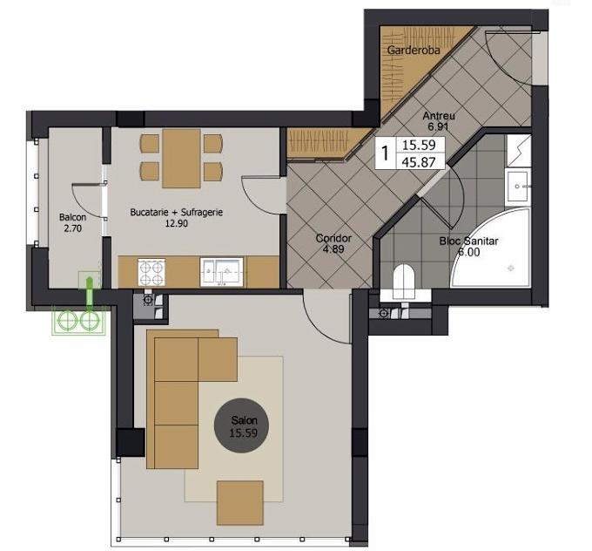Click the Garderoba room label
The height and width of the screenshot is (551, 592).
[x=414, y=50]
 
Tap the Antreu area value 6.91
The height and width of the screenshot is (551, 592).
[x=438, y=126]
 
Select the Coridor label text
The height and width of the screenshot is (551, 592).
[x=333, y=238]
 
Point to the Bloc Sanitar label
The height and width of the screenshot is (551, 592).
[x=468, y=241]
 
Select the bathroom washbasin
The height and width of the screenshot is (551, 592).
[x=518, y=186]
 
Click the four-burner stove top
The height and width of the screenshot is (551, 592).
[x=151, y=272]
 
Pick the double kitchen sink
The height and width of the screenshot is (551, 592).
[x=222, y=272]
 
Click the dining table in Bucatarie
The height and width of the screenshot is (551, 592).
[x=181, y=159]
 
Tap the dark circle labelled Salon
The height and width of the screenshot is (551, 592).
[x=241, y=426]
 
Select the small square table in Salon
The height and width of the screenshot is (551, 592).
[x=239, y=502]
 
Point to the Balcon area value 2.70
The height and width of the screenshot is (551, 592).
[x=72, y=228]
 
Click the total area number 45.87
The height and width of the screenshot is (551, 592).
[x=419, y=162]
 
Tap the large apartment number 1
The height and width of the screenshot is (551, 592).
[x=385, y=153]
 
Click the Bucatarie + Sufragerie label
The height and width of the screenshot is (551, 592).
[x=177, y=212]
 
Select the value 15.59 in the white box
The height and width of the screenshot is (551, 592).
[x=419, y=145]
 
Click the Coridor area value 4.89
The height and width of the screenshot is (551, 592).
[x=333, y=248]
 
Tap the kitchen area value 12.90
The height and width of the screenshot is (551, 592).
[x=177, y=223]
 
